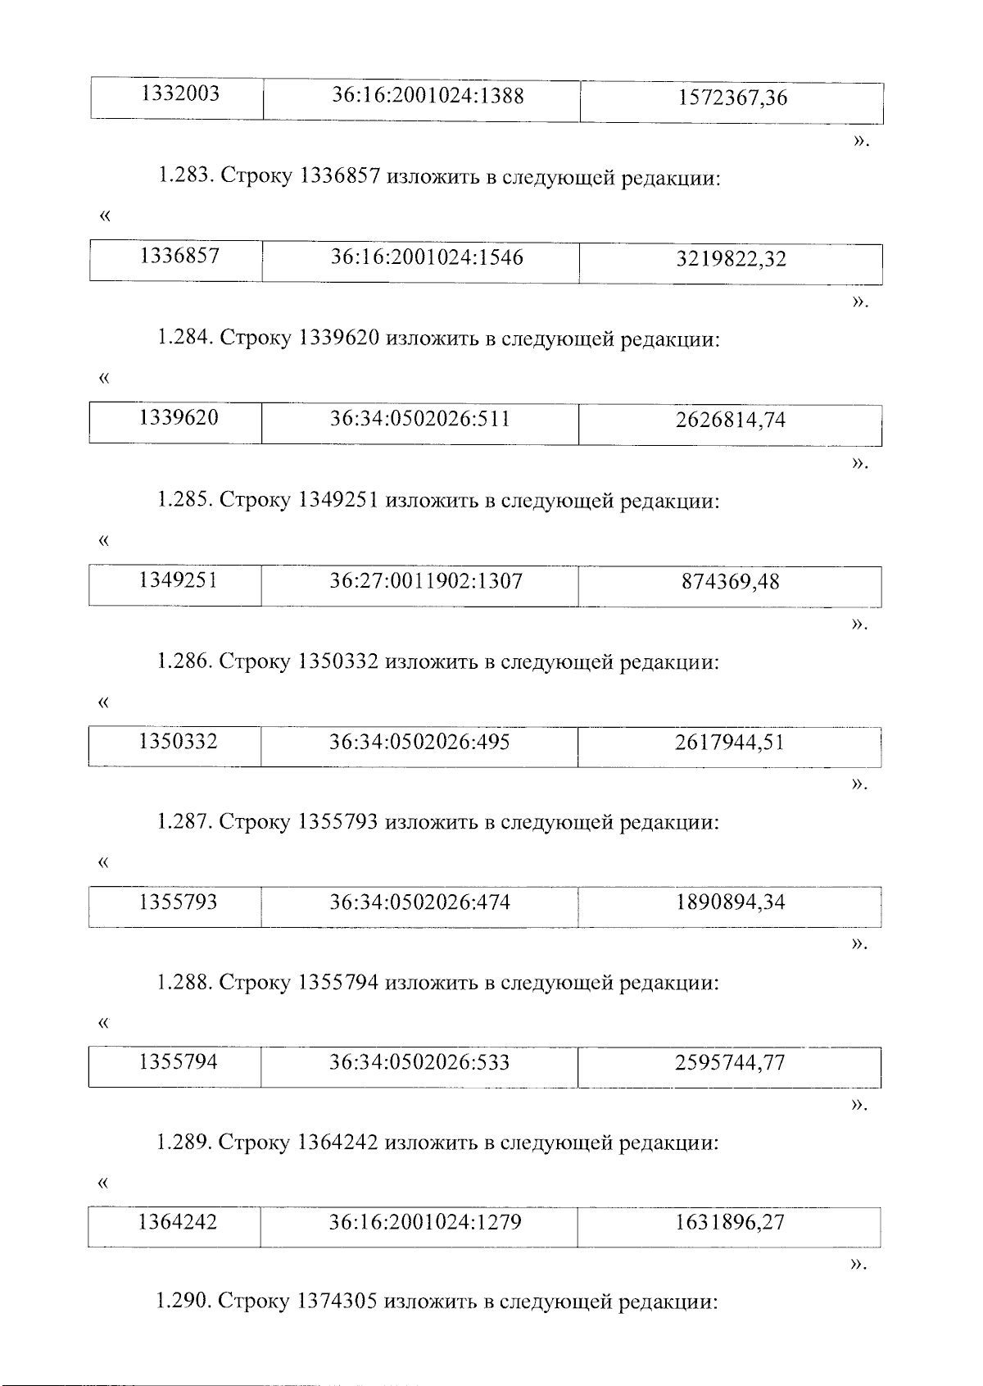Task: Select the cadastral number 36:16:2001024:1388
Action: [x=427, y=96]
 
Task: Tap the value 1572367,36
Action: [x=732, y=98]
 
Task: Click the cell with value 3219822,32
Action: [x=731, y=260]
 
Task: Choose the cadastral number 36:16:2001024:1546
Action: [x=426, y=258]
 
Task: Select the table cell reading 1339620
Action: [x=179, y=419]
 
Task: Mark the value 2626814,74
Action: [x=730, y=420]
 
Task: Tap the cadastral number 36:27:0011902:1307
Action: [x=425, y=582]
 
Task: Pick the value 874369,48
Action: [x=730, y=583]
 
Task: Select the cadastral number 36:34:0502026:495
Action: [x=419, y=743]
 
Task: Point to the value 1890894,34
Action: [x=730, y=903]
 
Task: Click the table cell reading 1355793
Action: [x=178, y=903]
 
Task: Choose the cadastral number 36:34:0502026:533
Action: [x=419, y=1063]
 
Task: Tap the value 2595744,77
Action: [x=730, y=1064]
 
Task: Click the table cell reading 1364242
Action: [x=178, y=1223]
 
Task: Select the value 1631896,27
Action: [x=729, y=1224]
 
